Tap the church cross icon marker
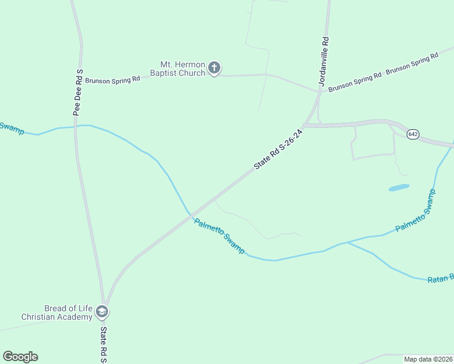tap(214, 68)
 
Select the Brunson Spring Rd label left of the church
tap(112, 79)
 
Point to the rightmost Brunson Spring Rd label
tap(412, 63)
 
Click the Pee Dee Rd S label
tap(78, 92)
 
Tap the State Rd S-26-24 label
tap(278, 149)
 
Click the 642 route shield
tap(413, 134)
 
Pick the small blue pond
tap(399, 187)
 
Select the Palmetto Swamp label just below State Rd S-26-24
tap(220, 235)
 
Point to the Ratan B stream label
tap(441, 278)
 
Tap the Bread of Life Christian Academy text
tap(56, 312)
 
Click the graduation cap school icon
tap(103, 312)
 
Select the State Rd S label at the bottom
tap(104, 345)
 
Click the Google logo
tap(20, 357)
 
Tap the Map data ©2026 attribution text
tap(427, 359)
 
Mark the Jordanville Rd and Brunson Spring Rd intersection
tap(319, 92)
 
